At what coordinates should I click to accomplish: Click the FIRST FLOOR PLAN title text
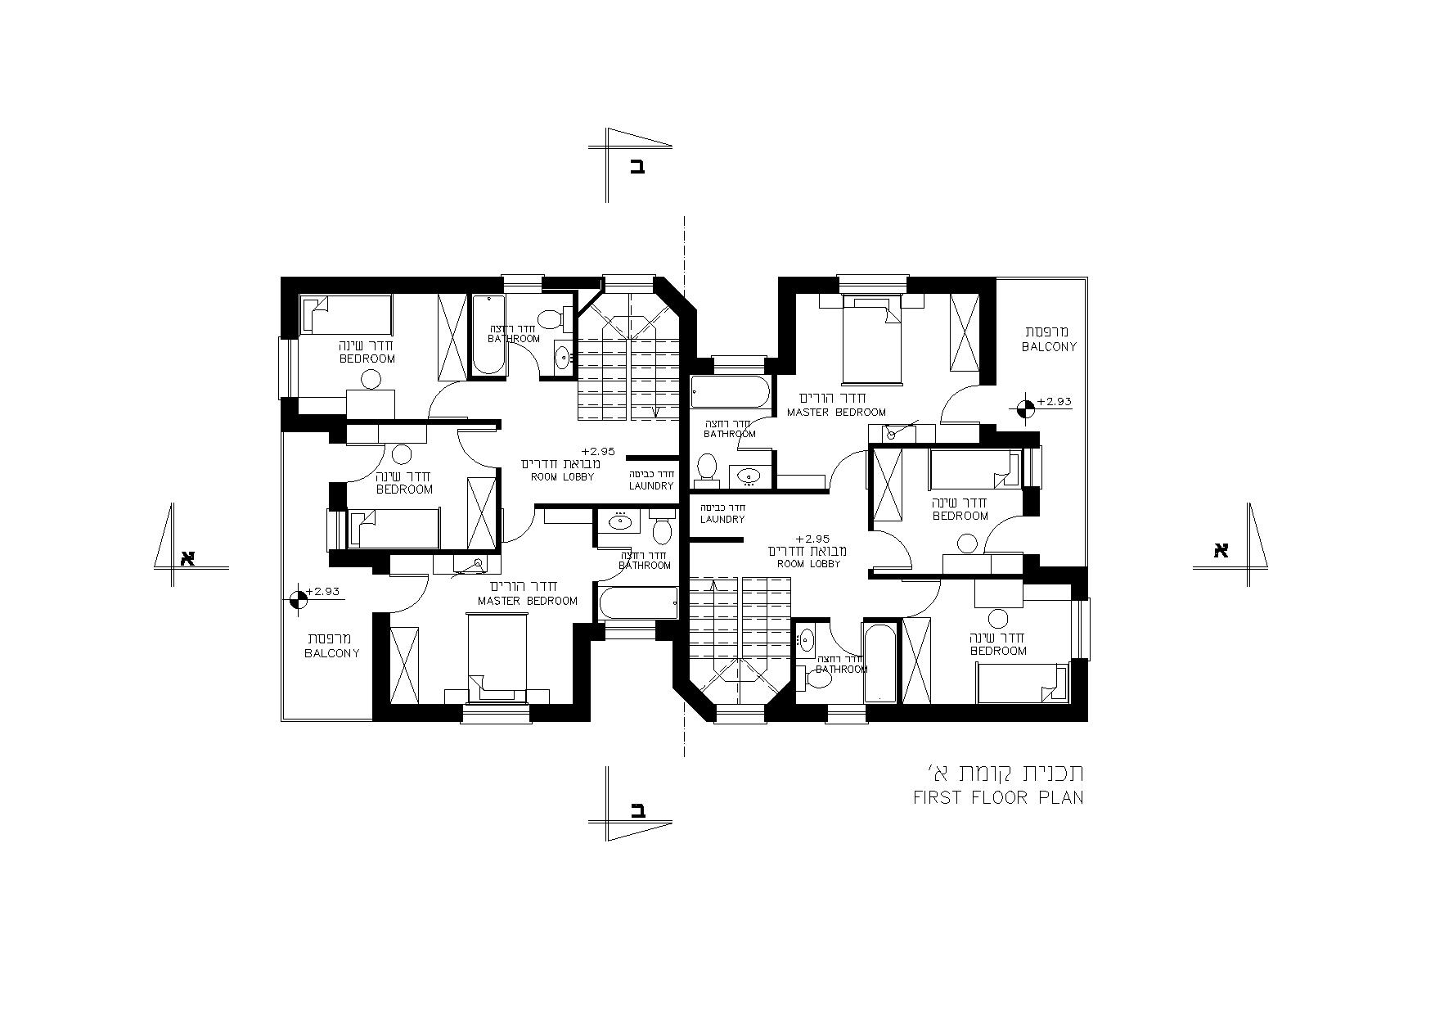[x=999, y=797]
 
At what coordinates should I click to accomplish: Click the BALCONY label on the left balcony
[x=332, y=653]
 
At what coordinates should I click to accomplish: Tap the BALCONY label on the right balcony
[x=1049, y=346]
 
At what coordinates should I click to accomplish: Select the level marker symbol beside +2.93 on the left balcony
[x=299, y=598]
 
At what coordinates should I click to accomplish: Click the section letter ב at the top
[x=637, y=168]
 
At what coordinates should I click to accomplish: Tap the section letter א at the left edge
[x=187, y=557]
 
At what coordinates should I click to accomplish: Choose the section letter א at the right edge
[x=1221, y=550]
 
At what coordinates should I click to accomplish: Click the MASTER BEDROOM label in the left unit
[x=528, y=601]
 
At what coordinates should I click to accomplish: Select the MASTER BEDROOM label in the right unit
[x=836, y=413]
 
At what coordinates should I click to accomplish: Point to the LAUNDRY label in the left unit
[x=651, y=486]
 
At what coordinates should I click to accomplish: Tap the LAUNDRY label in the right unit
[x=722, y=519]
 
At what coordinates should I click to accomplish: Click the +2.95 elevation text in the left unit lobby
[x=597, y=451]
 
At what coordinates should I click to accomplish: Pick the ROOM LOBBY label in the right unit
[x=807, y=564]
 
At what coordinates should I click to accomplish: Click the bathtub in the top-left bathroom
[x=488, y=334]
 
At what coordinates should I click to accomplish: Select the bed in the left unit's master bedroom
[x=497, y=659]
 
